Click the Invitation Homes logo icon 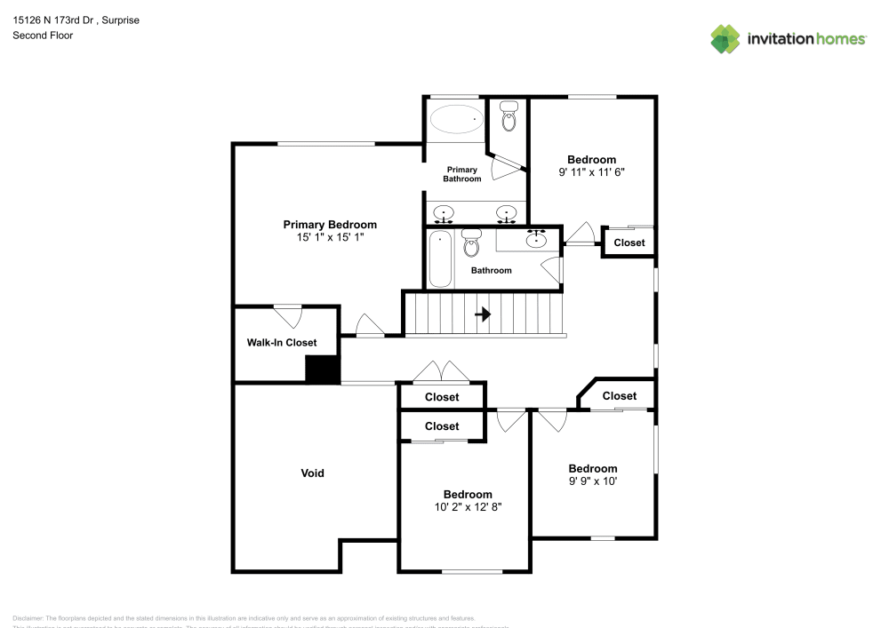pyautogui.click(x=725, y=38)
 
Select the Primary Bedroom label pyautogui.click(x=330, y=225)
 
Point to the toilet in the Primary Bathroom pyautogui.click(x=509, y=115)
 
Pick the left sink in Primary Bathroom pyautogui.click(x=444, y=213)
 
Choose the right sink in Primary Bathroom pyautogui.click(x=507, y=213)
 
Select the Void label pyautogui.click(x=312, y=473)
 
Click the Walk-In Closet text pyautogui.click(x=281, y=342)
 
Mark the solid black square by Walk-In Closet pyautogui.click(x=322, y=370)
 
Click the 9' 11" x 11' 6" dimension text pyautogui.click(x=591, y=172)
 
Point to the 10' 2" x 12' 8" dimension pyautogui.click(x=468, y=507)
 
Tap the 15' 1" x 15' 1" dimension pyautogui.click(x=330, y=238)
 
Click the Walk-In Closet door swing pyautogui.click(x=287, y=315)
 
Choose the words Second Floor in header pyautogui.click(x=43, y=36)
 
